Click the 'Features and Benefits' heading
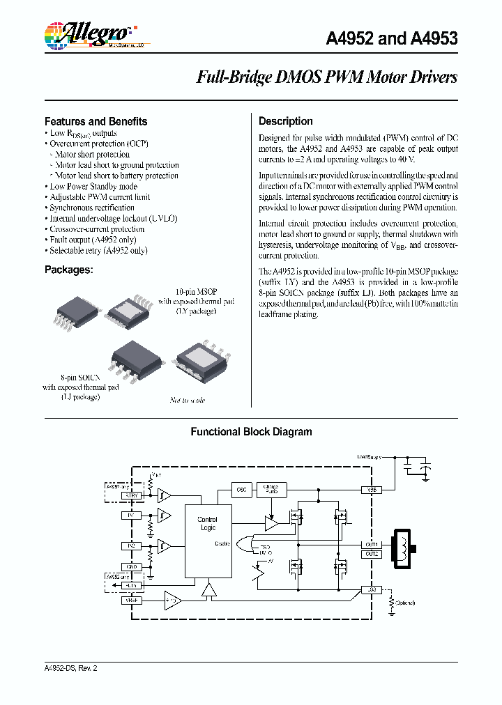click(x=96, y=121)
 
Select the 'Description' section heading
click(x=285, y=121)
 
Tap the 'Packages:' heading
click(x=68, y=269)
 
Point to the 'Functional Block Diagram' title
click(x=251, y=432)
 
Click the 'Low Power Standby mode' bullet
click(x=93, y=187)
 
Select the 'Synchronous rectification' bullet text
click(x=91, y=208)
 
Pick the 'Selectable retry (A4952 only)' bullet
click(x=98, y=250)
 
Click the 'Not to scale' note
click(x=188, y=401)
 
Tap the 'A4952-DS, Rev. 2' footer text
click(x=70, y=668)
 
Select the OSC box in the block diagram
click(x=241, y=490)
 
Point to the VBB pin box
click(x=371, y=490)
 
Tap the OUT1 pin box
click(x=371, y=544)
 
